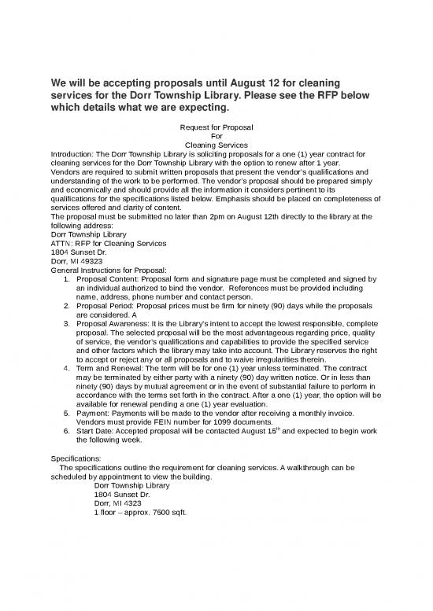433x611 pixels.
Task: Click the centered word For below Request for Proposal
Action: click(x=216, y=135)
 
